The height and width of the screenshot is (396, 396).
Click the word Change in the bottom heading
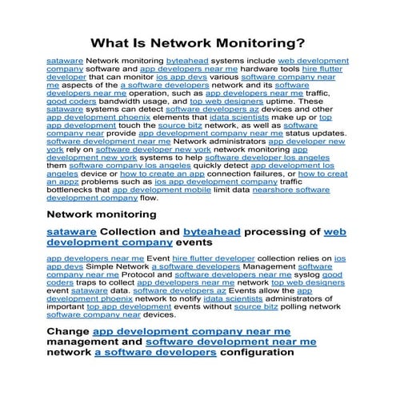[x=67, y=330]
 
